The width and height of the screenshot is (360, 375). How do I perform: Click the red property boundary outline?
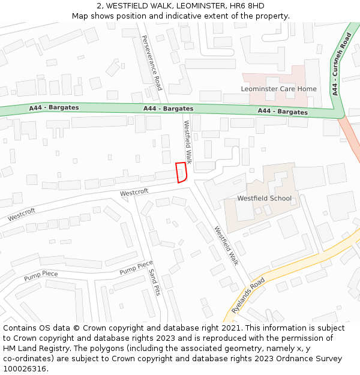pyautogui.click(x=181, y=172)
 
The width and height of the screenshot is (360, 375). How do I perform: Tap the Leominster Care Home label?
pyautogui.click(x=278, y=89)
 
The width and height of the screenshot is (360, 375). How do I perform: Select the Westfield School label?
pyautogui.click(x=264, y=198)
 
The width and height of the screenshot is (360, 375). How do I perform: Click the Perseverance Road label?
pyautogui.click(x=152, y=62)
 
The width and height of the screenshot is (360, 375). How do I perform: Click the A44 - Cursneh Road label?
pyautogui.click(x=340, y=65)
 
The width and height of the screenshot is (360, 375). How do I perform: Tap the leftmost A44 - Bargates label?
pyautogui.click(x=54, y=108)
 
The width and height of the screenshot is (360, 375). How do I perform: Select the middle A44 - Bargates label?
pyautogui.click(x=168, y=109)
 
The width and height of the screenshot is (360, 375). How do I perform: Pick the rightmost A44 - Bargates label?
pyautogui.click(x=283, y=112)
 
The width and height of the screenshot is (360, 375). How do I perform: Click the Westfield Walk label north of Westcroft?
pyautogui.click(x=188, y=142)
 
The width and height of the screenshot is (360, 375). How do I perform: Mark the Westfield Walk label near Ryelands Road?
pyautogui.click(x=227, y=245)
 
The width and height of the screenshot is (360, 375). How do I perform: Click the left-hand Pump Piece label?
pyautogui.click(x=41, y=276)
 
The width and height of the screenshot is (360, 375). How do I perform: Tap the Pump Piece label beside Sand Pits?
pyautogui.click(x=136, y=268)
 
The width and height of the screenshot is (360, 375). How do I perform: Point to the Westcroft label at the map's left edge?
pyautogui.click(x=22, y=214)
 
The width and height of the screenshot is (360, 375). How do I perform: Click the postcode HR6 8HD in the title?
pyautogui.click(x=248, y=6)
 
